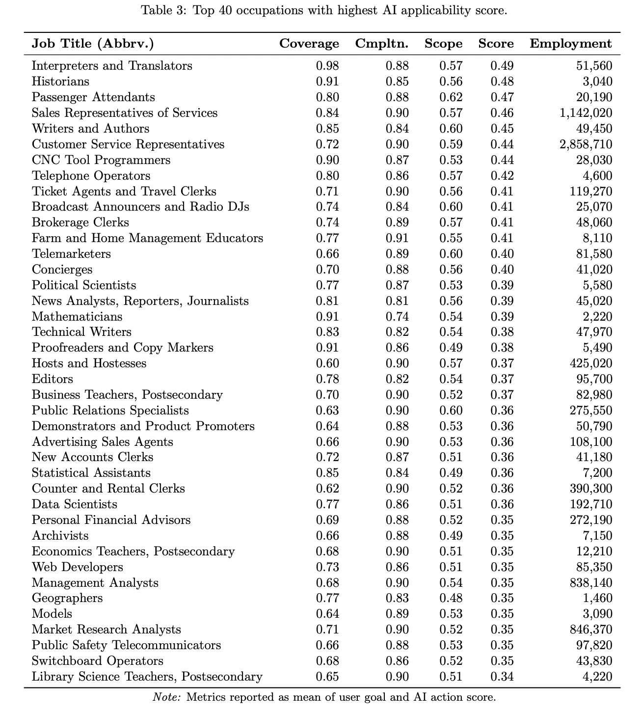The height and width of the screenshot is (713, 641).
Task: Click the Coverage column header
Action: [x=309, y=44]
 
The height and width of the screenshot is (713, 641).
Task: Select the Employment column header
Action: [x=571, y=44]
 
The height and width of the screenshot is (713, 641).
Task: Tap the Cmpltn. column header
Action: [x=381, y=44]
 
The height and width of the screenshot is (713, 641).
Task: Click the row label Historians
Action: [x=60, y=82]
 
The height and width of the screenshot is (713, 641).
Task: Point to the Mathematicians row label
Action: [x=77, y=317]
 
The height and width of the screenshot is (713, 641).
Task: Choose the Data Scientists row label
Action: [x=74, y=504]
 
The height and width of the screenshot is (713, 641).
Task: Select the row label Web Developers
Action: [x=77, y=567]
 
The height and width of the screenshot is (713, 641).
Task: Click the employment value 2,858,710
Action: [x=586, y=144]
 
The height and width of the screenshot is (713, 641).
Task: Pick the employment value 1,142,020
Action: [x=586, y=113]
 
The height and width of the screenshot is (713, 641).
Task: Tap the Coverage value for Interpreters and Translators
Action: [x=327, y=66]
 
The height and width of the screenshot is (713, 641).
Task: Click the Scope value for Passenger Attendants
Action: [x=451, y=97]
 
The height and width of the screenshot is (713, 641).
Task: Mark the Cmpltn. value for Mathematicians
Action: [x=397, y=317]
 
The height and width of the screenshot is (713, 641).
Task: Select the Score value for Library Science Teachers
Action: [x=502, y=677]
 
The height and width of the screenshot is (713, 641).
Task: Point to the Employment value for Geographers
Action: [x=597, y=598]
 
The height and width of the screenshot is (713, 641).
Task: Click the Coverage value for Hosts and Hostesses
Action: [x=327, y=363]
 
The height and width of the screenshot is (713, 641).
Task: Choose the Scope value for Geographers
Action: [x=451, y=598]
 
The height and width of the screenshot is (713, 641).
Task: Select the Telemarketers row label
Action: [x=71, y=254]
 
